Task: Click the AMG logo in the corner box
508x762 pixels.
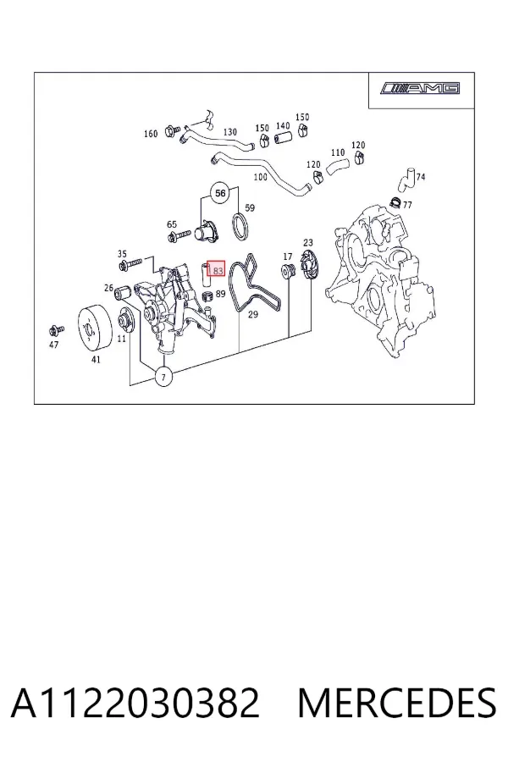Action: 420,88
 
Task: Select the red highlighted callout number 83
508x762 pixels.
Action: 217,268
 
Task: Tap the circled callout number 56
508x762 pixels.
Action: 221,193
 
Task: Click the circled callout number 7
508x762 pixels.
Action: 163,377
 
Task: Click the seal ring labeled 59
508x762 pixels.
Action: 240,227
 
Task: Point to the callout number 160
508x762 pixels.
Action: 151,134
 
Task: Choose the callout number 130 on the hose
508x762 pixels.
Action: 230,132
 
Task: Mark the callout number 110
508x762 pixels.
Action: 338,152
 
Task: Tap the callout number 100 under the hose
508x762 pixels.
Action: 261,176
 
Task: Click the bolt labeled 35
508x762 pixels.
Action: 130,265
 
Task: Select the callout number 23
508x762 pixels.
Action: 308,242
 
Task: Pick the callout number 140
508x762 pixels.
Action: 283,126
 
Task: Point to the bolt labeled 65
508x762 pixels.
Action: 179,237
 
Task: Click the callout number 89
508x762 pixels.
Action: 220,294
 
